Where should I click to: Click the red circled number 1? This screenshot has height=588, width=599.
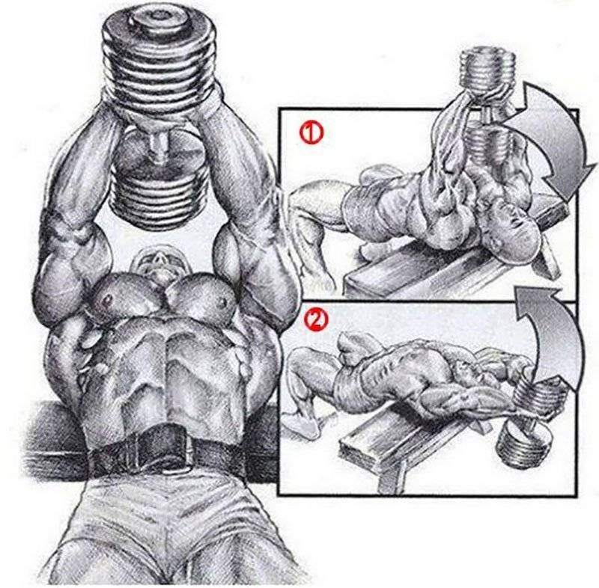311,132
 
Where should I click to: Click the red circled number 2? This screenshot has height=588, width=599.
315,319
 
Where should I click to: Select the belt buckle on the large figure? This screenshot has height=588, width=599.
163,450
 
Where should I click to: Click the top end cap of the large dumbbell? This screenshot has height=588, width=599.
158,18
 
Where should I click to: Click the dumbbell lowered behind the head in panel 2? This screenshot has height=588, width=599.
529,423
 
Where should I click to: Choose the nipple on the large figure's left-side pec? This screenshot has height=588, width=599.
108,298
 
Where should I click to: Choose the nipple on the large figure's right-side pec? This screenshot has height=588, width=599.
222,301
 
